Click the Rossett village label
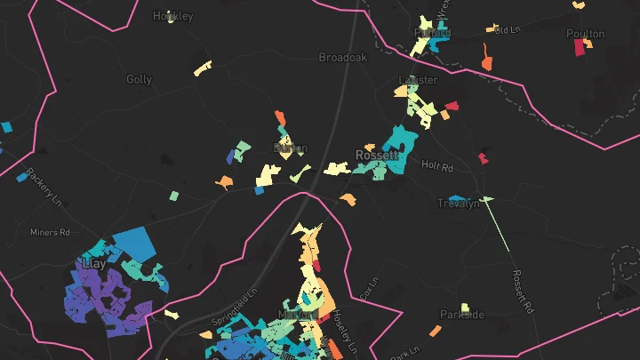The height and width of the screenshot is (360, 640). coord(377,155)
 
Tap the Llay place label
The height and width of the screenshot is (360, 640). coord(92,264)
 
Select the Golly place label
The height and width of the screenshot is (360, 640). coord(140,79)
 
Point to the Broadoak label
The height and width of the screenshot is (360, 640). coord(343,57)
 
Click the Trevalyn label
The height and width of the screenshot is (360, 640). coord(459,204)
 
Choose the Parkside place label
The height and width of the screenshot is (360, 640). coord(462,315)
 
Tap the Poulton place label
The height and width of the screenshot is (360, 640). coord(585,34)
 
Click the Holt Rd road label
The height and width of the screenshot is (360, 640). coord(437,166)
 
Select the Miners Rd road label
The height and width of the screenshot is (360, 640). coord(50,233)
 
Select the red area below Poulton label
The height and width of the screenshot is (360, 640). coord(580,48)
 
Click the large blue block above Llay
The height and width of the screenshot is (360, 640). coord(134,243)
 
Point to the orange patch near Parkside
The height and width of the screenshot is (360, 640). coord(436,332)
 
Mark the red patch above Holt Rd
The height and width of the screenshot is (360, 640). coord(484,158)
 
